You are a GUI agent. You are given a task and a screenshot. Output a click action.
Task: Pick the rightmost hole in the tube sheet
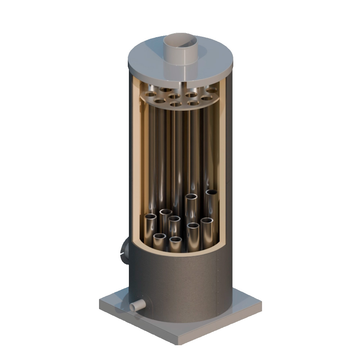coord(212,90)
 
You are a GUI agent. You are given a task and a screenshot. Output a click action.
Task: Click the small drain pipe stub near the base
coord(137,306)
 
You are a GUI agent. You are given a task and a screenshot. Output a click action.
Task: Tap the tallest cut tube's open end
coord(212,193)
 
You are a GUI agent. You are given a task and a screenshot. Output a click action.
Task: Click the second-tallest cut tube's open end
coord(192,197)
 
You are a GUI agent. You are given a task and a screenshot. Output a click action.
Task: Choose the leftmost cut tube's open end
coord(150,217)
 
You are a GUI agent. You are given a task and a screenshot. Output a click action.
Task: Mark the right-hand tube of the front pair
coord(176,239)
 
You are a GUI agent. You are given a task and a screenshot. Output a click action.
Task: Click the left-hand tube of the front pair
coord(159,237)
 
